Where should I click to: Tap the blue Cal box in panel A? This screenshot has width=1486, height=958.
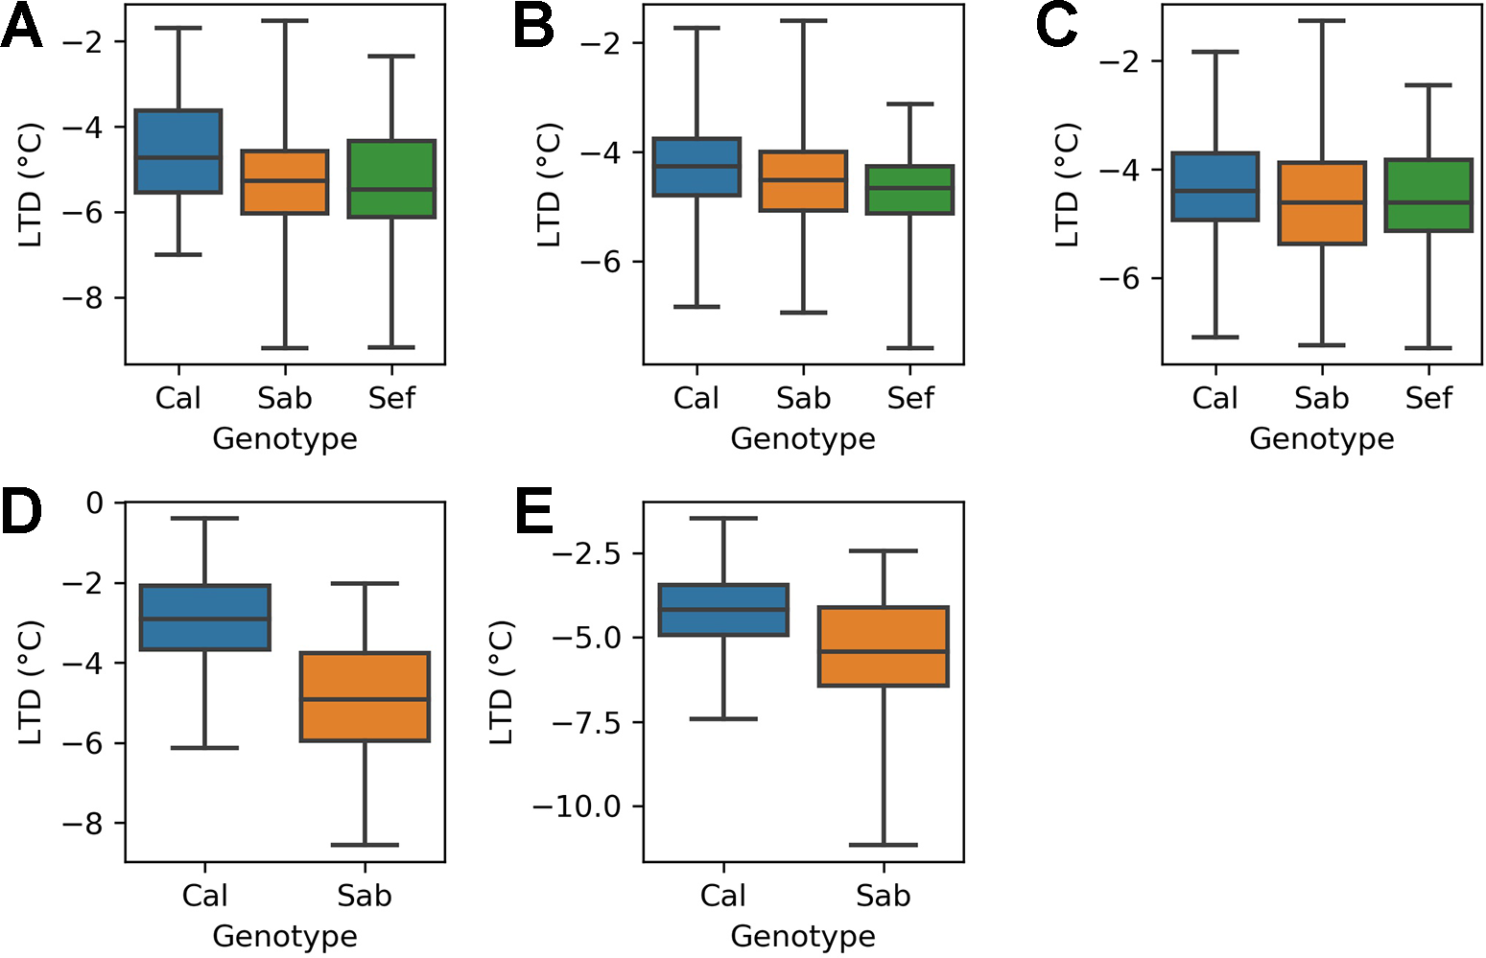(178, 152)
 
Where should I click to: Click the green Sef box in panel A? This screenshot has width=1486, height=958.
(391, 179)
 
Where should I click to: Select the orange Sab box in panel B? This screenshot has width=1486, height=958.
(803, 181)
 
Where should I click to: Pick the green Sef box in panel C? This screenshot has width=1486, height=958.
(1428, 196)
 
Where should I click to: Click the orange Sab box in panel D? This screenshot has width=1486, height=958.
(365, 697)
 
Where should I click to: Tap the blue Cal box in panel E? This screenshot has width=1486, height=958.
(723, 610)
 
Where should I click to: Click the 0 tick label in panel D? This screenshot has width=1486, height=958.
(94, 502)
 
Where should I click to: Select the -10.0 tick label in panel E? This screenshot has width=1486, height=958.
(577, 806)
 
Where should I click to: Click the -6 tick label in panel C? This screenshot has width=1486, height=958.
(1118, 278)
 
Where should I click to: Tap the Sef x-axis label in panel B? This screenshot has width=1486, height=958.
(909, 398)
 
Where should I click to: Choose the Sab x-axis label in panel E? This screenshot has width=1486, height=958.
(883, 896)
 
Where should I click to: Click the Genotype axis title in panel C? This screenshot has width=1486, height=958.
(1321, 438)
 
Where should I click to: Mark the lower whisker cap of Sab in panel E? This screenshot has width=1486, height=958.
(883, 845)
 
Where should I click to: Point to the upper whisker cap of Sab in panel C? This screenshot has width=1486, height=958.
(1322, 21)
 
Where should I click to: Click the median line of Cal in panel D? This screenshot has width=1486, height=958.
(205, 619)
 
